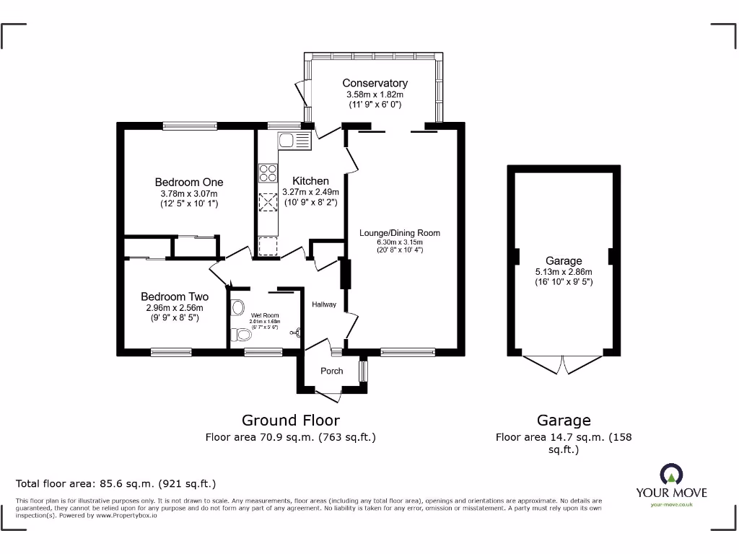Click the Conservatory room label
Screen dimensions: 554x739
point(375,83)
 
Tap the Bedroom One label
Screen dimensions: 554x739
point(189,183)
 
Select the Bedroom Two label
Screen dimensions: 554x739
point(175,296)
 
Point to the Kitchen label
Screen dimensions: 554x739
point(310,181)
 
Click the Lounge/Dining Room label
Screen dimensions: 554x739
point(400,233)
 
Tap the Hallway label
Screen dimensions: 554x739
point(324,304)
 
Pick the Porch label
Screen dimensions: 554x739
point(332,371)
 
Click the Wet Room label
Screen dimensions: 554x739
point(265,315)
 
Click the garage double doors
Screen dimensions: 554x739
point(564,364)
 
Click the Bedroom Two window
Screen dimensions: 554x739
point(171,352)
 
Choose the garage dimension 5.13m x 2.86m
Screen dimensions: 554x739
point(564,272)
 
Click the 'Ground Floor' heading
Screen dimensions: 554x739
point(290,420)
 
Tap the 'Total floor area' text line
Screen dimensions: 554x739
point(115,483)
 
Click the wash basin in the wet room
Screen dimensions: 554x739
point(238,307)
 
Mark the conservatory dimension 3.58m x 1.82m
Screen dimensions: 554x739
point(375,94)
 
